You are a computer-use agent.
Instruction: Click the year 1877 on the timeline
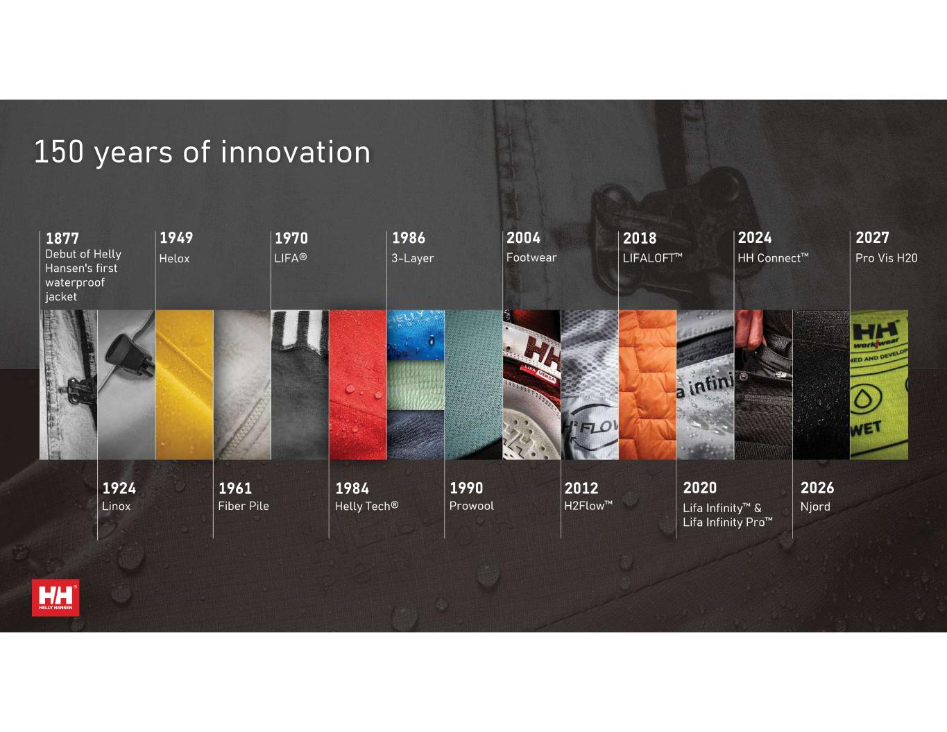62,239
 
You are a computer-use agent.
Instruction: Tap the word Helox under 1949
174,258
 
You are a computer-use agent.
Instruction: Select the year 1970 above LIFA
291,239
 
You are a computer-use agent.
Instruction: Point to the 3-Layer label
412,258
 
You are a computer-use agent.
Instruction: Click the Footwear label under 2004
531,257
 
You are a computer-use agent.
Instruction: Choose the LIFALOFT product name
652,258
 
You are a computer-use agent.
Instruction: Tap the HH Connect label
773,258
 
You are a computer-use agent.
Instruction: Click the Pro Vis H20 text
887,258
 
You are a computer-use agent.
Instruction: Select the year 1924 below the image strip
119,488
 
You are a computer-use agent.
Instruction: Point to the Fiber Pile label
244,506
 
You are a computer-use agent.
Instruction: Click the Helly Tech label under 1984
366,506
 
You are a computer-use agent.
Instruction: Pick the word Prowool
472,506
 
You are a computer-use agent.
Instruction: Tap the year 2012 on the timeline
581,488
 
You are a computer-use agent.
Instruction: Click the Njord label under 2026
815,507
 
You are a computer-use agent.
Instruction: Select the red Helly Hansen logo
56,597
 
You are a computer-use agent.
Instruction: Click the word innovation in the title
296,152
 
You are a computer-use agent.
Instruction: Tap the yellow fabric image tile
185,385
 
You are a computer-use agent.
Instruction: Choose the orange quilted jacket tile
647,385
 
